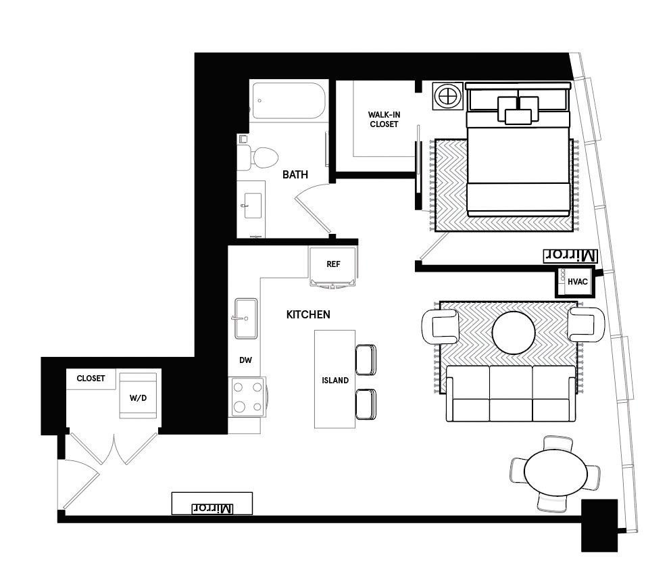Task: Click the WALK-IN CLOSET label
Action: tap(384, 120)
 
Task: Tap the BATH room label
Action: tap(295, 174)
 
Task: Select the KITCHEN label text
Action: tap(308, 314)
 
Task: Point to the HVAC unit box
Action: tap(574, 282)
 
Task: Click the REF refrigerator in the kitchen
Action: tap(332, 266)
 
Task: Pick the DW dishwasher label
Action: tap(245, 360)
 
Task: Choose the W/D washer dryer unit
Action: tap(138, 395)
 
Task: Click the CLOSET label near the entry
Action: tap(91, 379)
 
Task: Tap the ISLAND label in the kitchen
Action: tap(335, 381)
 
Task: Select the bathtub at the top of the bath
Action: tap(289, 101)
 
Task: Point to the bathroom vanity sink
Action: tap(253, 206)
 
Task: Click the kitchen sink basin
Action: tap(246, 318)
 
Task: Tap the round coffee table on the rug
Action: tap(514, 333)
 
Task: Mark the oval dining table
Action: tap(555, 472)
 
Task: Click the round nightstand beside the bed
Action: tap(447, 95)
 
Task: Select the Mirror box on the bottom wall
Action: tap(212, 504)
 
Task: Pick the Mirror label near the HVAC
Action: tap(570, 256)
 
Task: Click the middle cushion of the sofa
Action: tap(511, 393)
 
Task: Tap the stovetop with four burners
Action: tap(247, 397)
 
